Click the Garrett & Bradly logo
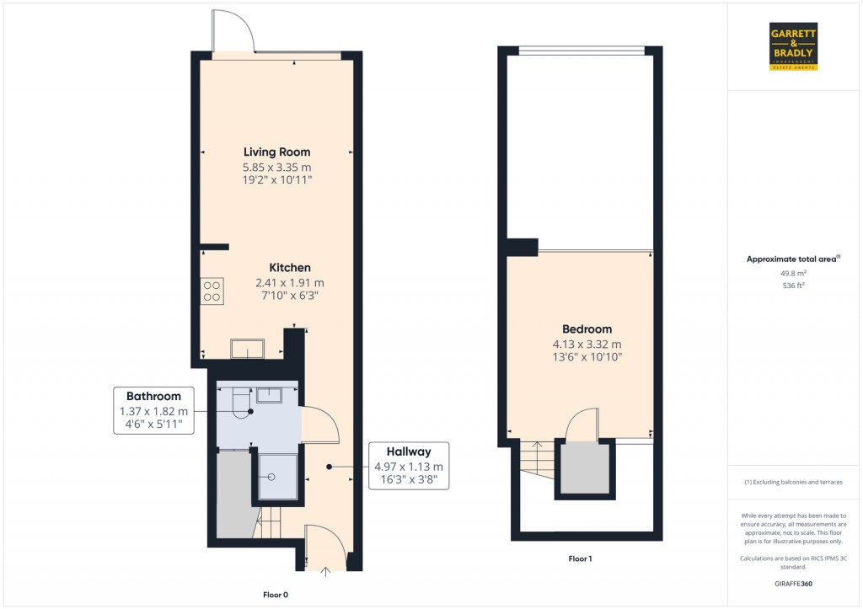coord(794,46)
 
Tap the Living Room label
coord(276,152)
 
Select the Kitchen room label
coord(290,268)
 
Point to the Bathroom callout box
coord(153,410)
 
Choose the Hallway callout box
coord(409,466)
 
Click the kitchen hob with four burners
coord(212,291)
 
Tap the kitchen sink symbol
coord(248,348)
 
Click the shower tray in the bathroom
coord(277,477)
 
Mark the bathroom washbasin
coord(269,394)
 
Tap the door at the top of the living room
coord(232,30)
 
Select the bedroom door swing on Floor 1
coord(582,425)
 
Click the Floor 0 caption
coord(275,595)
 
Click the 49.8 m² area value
coord(793,273)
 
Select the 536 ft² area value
coord(793,286)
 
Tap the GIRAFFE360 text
coord(793,583)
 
